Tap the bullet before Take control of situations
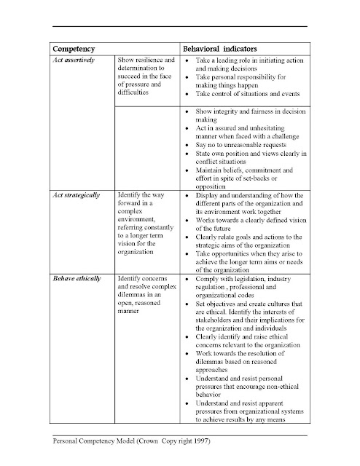188,95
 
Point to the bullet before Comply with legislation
188,279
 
